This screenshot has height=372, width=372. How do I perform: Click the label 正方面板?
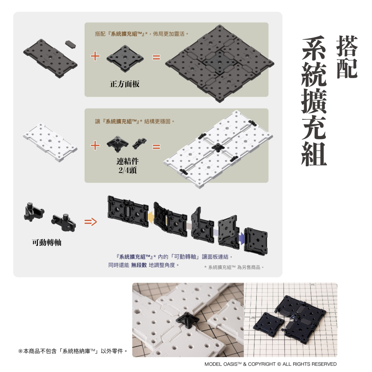point(125,84)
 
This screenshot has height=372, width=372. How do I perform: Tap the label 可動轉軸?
point(46,243)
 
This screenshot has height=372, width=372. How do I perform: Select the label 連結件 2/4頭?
point(128,166)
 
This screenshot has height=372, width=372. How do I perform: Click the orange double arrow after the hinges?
point(90,222)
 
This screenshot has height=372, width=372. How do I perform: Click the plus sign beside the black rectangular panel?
point(95,57)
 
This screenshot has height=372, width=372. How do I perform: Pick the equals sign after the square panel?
point(156,58)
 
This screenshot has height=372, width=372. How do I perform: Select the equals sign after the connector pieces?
point(156,147)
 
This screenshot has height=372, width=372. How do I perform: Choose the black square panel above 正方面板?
point(125,58)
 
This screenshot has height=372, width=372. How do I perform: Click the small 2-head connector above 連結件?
point(139,142)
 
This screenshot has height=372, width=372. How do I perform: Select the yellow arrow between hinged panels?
point(151,217)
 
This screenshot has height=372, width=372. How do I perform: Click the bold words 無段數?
point(139,265)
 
